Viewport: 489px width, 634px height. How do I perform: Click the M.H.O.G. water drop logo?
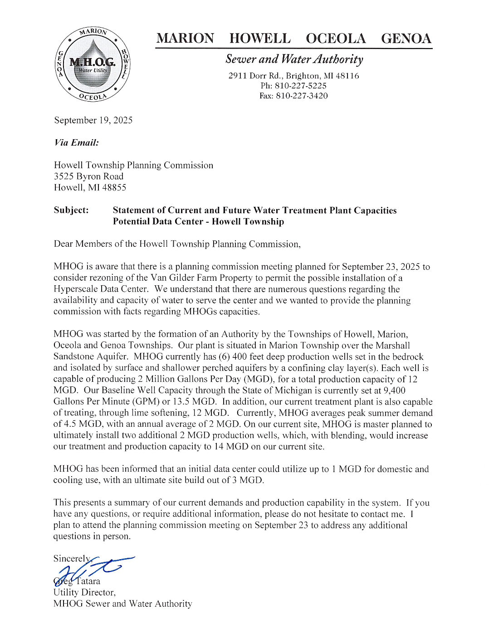click(92, 64)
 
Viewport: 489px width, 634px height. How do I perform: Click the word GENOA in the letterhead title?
click(406, 39)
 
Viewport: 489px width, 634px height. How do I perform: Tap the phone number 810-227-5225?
click(300, 86)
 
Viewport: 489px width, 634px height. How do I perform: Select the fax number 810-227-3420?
click(302, 96)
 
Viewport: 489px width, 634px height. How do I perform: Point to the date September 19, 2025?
click(93, 120)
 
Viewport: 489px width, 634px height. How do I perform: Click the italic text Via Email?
click(77, 143)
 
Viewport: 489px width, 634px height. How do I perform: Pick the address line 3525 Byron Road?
click(89, 176)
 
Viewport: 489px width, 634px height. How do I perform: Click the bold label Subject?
click(71, 210)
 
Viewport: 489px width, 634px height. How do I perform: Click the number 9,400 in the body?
click(394, 390)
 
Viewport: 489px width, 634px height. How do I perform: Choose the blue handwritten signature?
click(93, 569)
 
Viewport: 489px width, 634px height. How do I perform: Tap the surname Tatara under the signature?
click(88, 581)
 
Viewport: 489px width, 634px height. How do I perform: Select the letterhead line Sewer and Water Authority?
click(294, 59)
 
